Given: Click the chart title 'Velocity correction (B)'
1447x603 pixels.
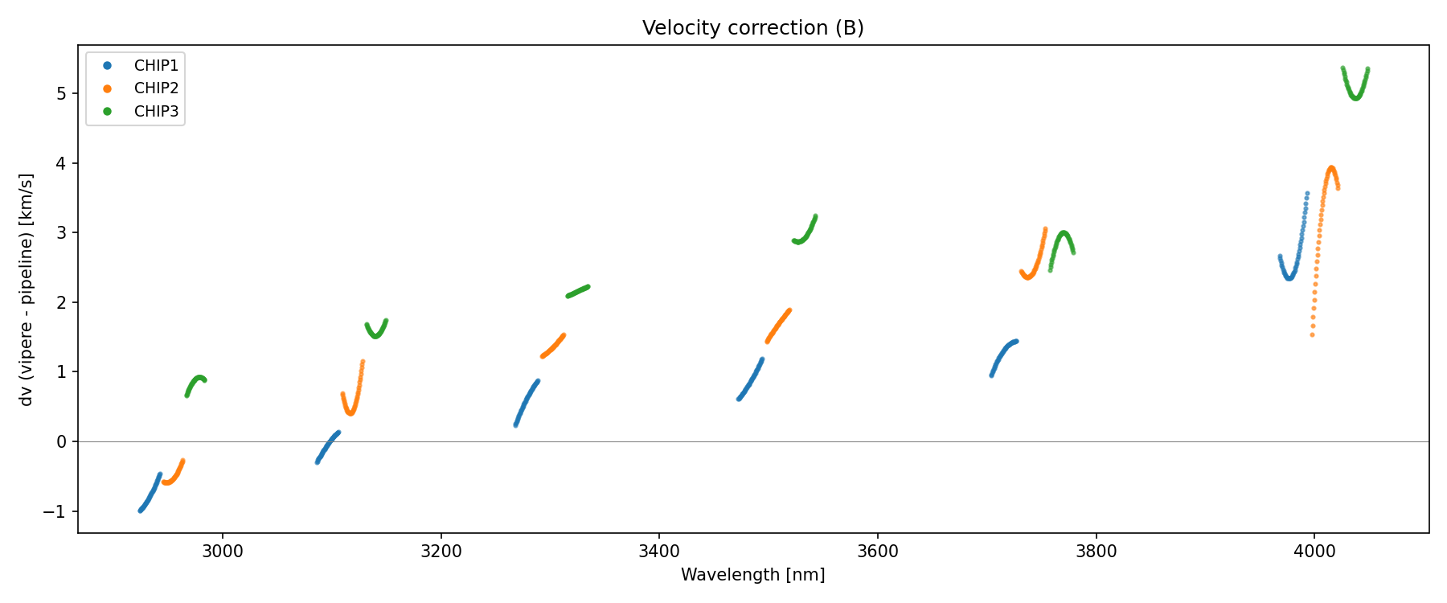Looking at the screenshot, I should click(752, 28).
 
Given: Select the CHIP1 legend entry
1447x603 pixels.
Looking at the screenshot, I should click(156, 66).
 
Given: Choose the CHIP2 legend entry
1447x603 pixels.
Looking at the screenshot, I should click(156, 88).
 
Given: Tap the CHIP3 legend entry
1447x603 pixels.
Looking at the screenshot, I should click(156, 112).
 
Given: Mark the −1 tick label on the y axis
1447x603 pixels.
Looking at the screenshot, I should click(58, 511).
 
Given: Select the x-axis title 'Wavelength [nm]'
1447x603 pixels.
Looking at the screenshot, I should click(752, 575).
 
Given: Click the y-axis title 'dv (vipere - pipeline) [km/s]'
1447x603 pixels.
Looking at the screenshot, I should click(27, 289).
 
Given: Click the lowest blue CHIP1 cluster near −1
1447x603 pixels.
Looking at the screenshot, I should click(150, 494).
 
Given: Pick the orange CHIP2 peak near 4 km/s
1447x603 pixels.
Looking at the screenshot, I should click(1331, 170).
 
